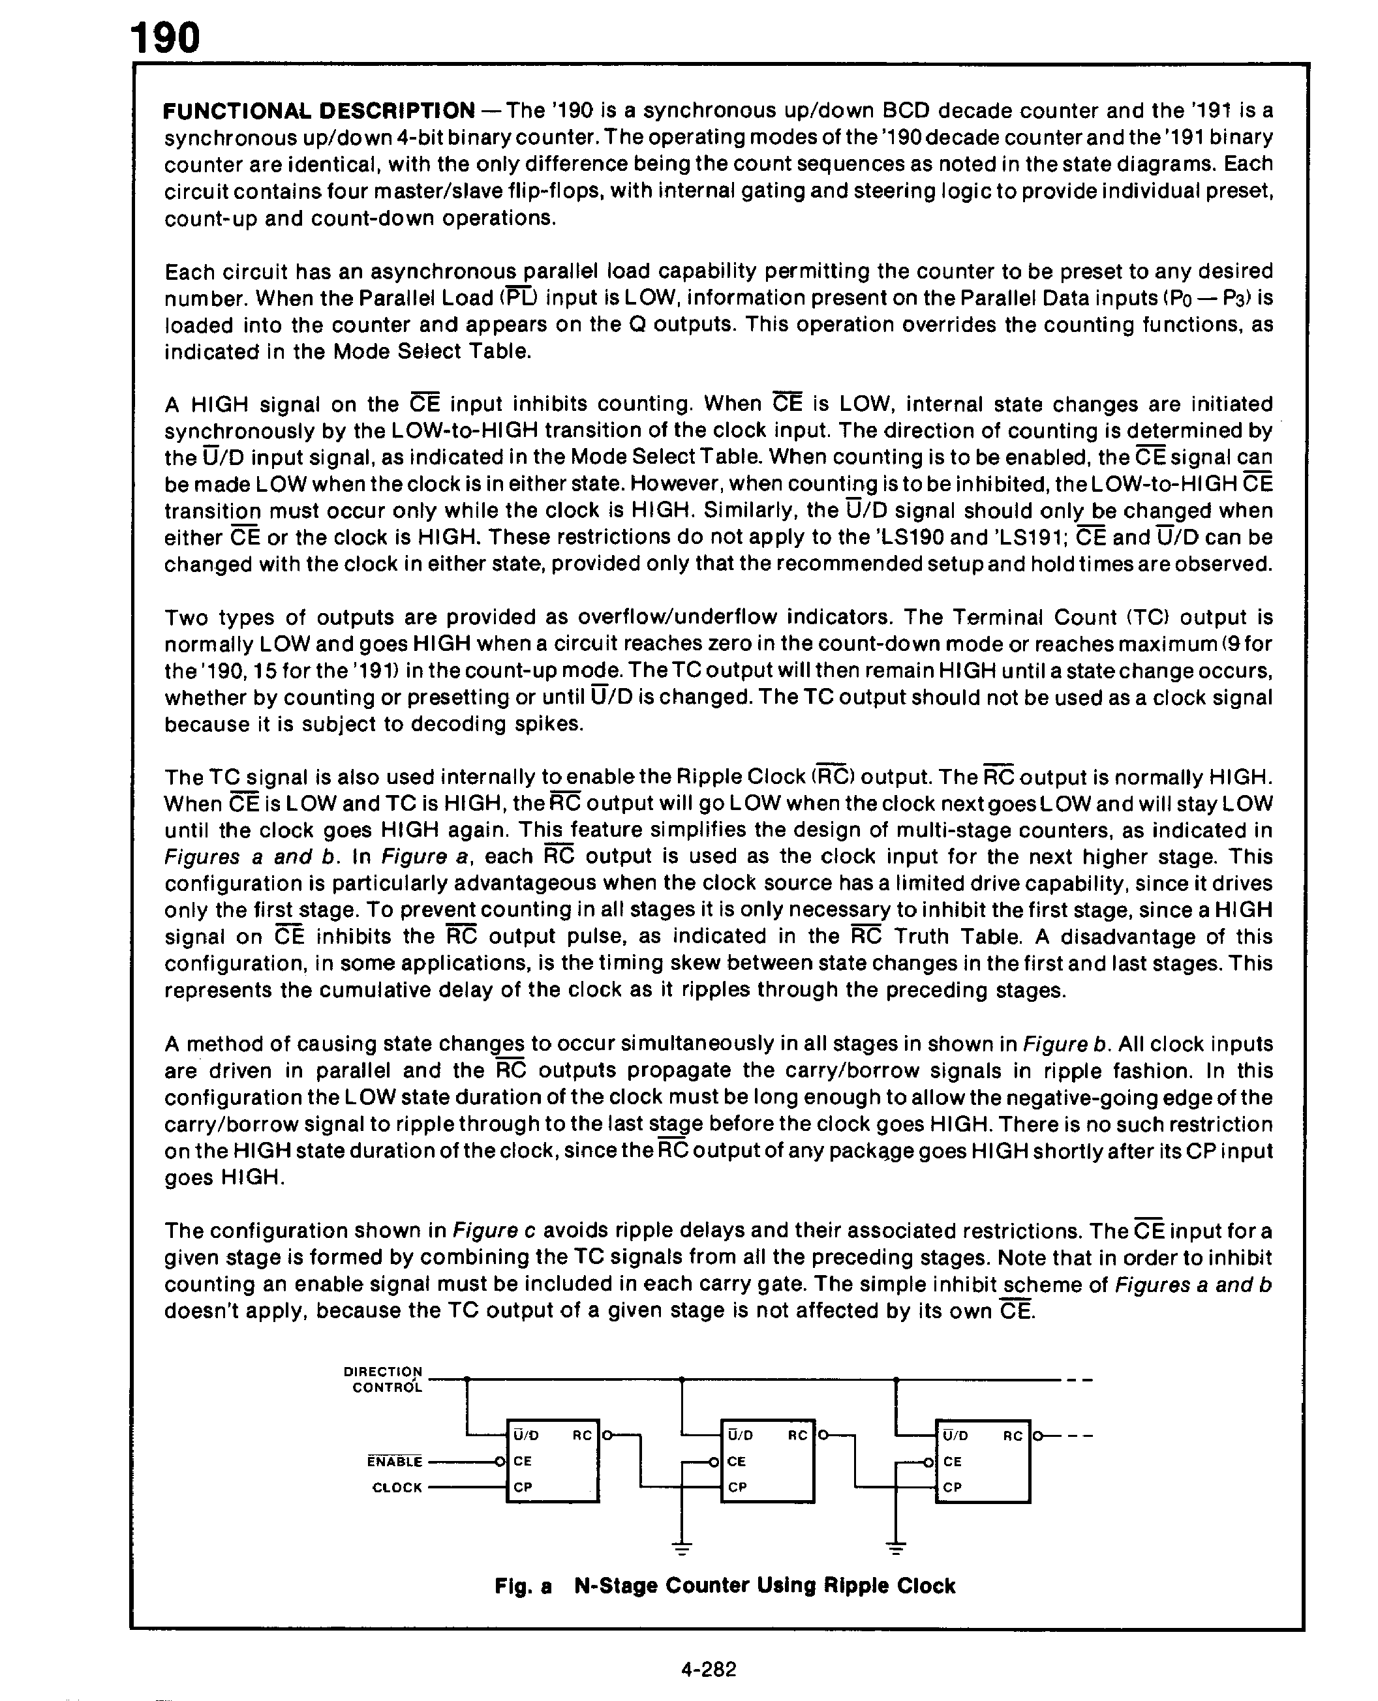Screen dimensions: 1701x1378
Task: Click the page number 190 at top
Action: [165, 37]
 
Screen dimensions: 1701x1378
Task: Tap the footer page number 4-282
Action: [708, 1669]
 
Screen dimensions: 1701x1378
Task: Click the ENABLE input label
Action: [395, 1460]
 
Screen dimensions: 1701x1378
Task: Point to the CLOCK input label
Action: [397, 1488]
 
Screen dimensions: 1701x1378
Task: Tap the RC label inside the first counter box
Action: [582, 1435]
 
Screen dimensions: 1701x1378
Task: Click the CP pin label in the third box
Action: [953, 1488]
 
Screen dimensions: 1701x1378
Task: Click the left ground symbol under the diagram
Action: [682, 1548]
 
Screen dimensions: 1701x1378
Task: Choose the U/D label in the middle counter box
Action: [741, 1435]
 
